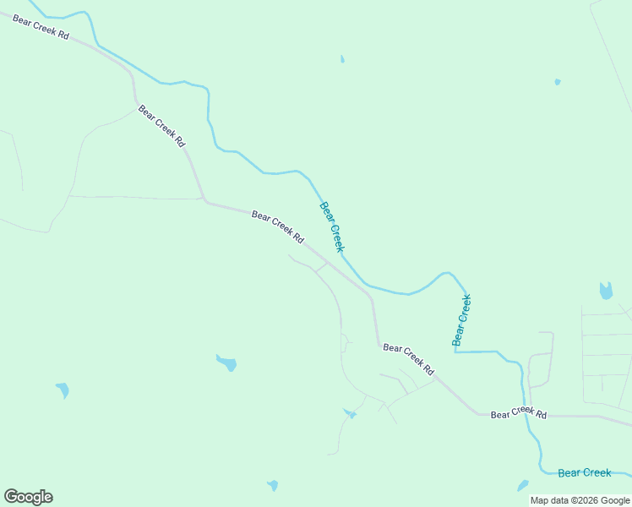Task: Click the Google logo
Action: point(29,497)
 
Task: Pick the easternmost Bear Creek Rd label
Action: point(519,414)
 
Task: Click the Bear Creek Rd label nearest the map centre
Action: point(277,227)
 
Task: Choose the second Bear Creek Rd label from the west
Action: point(161,126)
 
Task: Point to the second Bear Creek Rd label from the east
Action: point(408,359)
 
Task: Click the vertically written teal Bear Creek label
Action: point(461,319)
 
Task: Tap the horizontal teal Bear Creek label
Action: point(585,473)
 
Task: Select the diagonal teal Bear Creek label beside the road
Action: point(331,226)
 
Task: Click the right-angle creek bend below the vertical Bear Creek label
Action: point(455,352)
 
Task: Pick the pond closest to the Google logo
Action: point(62,390)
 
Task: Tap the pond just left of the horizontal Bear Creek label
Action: point(523,486)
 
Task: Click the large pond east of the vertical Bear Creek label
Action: point(605,292)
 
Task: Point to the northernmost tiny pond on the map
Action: point(342,59)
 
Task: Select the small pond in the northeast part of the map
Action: point(557,82)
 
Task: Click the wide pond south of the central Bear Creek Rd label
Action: point(226,363)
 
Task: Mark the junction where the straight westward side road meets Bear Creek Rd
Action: point(204,199)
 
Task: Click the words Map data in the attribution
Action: point(548,501)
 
